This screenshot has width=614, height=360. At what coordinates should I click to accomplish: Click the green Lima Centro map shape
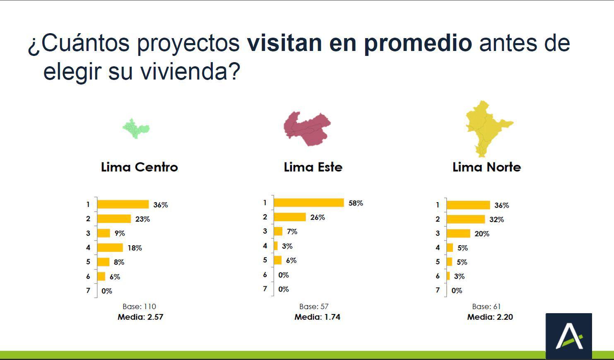tap(136, 128)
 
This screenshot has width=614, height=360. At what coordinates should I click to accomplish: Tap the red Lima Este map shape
tap(308, 128)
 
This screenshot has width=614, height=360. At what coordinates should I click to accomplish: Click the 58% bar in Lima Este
tap(309, 203)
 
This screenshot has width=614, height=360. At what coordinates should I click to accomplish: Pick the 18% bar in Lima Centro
tap(110, 248)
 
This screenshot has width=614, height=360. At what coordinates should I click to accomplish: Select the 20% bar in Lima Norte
tap(458, 234)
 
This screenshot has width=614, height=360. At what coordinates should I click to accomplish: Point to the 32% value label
tap(496, 220)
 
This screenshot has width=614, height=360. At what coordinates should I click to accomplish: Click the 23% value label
tap(142, 219)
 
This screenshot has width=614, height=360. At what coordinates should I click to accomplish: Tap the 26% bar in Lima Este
tap(290, 217)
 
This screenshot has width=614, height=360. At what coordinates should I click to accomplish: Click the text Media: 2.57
tap(140, 317)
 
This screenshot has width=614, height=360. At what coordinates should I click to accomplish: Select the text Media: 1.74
tap(317, 317)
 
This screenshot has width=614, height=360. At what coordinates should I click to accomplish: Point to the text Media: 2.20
tap(490, 317)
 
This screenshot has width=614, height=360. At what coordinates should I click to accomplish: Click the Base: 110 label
tap(139, 307)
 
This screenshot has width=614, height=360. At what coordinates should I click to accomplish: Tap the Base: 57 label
tap(314, 307)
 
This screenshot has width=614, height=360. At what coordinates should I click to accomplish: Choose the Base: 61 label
tap(486, 307)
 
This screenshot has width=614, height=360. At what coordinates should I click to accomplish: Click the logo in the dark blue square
tap(568, 336)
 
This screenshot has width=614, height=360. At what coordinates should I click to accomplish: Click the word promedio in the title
tap(418, 43)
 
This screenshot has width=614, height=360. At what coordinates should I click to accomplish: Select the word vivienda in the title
tap(184, 71)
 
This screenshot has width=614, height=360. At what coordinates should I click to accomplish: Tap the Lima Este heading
tap(313, 167)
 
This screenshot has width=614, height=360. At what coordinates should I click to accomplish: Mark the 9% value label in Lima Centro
tap(120, 234)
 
